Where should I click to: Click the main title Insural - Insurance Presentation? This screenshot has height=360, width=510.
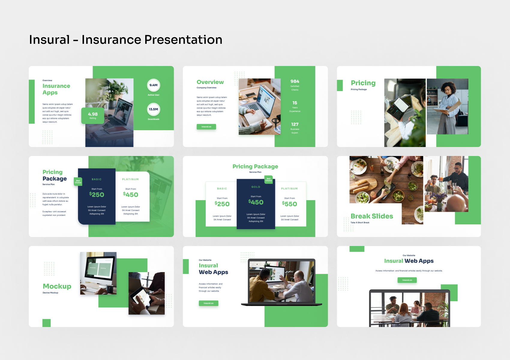point(125,40)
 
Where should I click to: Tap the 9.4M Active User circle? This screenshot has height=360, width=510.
point(154,85)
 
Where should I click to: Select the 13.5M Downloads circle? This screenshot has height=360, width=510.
point(154,109)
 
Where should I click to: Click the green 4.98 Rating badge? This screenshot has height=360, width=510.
point(93,115)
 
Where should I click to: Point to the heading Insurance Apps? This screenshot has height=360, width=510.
point(56,89)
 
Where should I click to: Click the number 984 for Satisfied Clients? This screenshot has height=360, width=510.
point(295,81)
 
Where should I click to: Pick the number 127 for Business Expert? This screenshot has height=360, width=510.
point(295,124)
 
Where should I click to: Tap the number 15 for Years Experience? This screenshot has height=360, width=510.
point(295,103)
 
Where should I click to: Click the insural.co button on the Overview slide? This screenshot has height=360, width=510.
point(206,127)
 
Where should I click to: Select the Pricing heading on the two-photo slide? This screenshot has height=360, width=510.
point(363,83)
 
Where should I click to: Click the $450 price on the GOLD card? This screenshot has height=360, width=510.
point(256,202)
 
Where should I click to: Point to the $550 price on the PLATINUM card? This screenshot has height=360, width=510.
point(289,204)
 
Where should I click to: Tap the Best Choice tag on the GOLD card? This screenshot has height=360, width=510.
point(268,179)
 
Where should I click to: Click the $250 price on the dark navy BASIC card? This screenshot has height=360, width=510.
point(97,194)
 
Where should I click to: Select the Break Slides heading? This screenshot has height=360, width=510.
point(372,216)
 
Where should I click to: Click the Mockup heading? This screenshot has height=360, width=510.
point(57,286)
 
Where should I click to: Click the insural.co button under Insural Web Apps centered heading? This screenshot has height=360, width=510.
point(407,280)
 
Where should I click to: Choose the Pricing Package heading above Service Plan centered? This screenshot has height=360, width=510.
point(255,166)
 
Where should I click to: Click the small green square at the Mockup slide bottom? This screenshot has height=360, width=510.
point(46,323)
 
